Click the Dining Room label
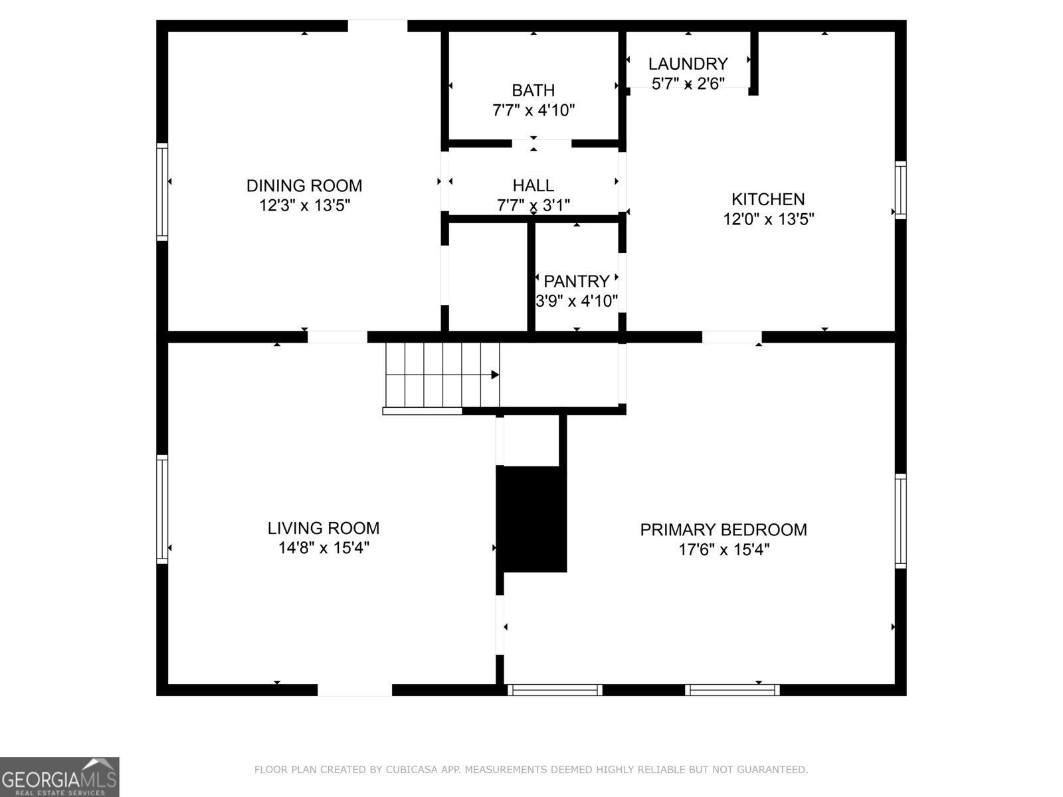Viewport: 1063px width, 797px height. pyautogui.click(x=304, y=185)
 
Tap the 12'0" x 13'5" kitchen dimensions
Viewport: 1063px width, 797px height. pyautogui.click(x=769, y=219)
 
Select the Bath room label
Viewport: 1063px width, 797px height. pyautogui.click(x=533, y=90)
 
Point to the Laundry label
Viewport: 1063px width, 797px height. pyautogui.click(x=688, y=64)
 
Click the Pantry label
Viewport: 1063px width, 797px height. pyautogui.click(x=576, y=281)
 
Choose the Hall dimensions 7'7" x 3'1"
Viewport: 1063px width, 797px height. pyautogui.click(x=533, y=205)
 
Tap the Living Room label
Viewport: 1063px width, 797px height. pyautogui.click(x=324, y=528)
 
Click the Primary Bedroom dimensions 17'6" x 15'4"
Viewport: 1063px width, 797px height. pyautogui.click(x=724, y=549)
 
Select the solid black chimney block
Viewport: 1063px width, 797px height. pyautogui.click(x=532, y=518)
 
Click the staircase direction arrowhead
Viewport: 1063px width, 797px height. pyautogui.click(x=495, y=375)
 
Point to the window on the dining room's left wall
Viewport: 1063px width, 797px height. pyautogui.click(x=161, y=191)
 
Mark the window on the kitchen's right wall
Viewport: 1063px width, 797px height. pyautogui.click(x=901, y=190)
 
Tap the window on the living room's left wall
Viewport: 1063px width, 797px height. pyautogui.click(x=161, y=509)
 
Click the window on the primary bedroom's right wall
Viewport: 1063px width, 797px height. pyautogui.click(x=901, y=521)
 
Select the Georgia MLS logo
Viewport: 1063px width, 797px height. pyautogui.click(x=59, y=776)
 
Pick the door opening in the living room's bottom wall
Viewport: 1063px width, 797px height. pyautogui.click(x=355, y=691)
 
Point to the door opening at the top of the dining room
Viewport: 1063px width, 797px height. pyautogui.click(x=377, y=26)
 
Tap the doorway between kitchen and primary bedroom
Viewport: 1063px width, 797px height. pyautogui.click(x=731, y=337)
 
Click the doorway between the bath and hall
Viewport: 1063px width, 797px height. pyautogui.click(x=541, y=143)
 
